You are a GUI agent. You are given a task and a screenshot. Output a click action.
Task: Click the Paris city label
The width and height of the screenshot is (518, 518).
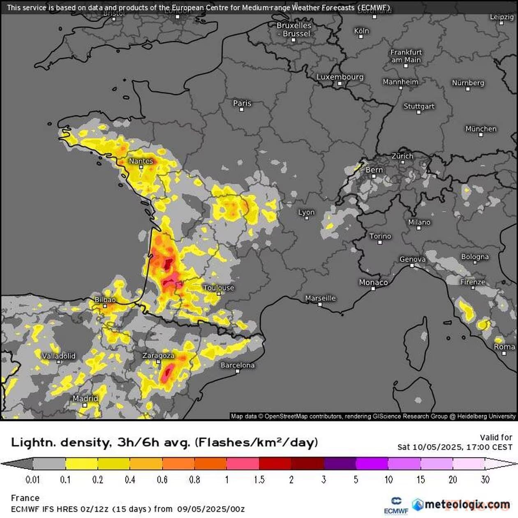pos(242,103)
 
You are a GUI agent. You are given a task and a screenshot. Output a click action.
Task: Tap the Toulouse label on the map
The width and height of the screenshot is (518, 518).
pos(219,288)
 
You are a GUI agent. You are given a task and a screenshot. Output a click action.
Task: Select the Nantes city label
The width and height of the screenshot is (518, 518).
pos(141,161)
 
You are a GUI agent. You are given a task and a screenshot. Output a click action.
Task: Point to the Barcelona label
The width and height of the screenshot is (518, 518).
pos(237,365)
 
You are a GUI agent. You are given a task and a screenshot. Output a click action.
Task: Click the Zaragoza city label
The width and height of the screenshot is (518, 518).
pos(158,356)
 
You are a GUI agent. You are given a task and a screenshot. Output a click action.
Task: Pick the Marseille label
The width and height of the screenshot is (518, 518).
pos(320,298)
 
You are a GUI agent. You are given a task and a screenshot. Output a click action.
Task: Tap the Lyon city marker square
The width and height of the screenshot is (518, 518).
pos(307,218)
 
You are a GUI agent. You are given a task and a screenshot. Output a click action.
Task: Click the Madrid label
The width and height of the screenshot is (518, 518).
pos(85,398)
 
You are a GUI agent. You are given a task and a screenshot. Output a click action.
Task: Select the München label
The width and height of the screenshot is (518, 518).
pos(481,129)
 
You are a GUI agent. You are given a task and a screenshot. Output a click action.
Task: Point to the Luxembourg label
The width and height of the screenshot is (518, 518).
pos(340,77)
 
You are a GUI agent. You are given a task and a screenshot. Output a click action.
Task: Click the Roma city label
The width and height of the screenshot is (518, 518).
pos(504,347)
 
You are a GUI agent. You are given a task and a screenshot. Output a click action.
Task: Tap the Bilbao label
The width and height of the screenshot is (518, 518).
pos(105,300)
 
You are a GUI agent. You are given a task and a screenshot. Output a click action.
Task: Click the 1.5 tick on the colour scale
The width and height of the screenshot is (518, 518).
pos(259,480)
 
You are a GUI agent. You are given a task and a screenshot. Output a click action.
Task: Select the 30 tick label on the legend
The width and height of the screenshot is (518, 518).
pos(485,480)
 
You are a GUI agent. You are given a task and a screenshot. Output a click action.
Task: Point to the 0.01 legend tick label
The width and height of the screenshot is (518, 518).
pos(32,480)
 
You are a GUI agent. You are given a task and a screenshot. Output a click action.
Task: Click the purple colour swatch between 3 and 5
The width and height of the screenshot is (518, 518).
pos(340,464)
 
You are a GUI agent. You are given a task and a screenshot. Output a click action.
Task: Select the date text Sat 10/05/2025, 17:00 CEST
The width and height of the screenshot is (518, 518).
pos(455,447)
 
